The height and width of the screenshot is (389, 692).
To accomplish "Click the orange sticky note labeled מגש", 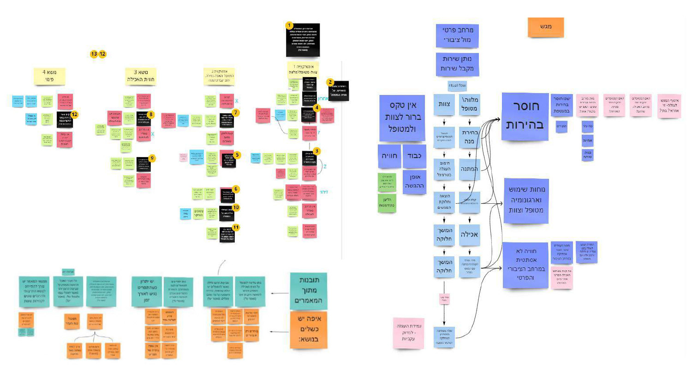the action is coord(546,27).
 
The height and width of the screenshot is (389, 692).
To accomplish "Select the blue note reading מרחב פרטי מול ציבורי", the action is coord(457,35).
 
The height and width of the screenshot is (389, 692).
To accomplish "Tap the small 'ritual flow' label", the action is coord(457,86).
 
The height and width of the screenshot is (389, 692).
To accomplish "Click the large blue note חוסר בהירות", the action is coord(525,116).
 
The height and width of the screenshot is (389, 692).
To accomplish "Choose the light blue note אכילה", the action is coord(469,235).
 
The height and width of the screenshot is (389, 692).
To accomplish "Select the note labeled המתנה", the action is coord(469,169).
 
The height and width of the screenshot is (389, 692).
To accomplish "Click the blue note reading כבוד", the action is coord(414,156).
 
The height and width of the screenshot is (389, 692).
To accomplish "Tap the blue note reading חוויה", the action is coord(389,156).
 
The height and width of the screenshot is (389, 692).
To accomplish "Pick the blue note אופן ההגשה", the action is coord(414,182).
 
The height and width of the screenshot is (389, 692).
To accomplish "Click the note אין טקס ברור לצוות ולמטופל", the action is coord(401,118).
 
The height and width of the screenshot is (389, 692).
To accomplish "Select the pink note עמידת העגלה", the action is coord(408,332).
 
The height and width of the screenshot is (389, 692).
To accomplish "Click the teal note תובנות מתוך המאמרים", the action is coord(309,290).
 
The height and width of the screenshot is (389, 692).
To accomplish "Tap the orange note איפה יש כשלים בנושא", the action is coord(309,330).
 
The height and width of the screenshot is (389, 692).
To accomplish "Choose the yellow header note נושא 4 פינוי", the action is coord(49,76).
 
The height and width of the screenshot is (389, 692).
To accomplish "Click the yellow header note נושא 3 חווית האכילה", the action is coord(141,76).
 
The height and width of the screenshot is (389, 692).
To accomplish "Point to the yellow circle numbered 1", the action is coord(289,25).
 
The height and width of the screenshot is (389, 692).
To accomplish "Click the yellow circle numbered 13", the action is coord(94,54).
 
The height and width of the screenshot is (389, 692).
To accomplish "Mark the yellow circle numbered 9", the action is coord(152,159).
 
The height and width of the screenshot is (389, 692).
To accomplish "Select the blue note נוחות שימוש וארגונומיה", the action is coord(526,200).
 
